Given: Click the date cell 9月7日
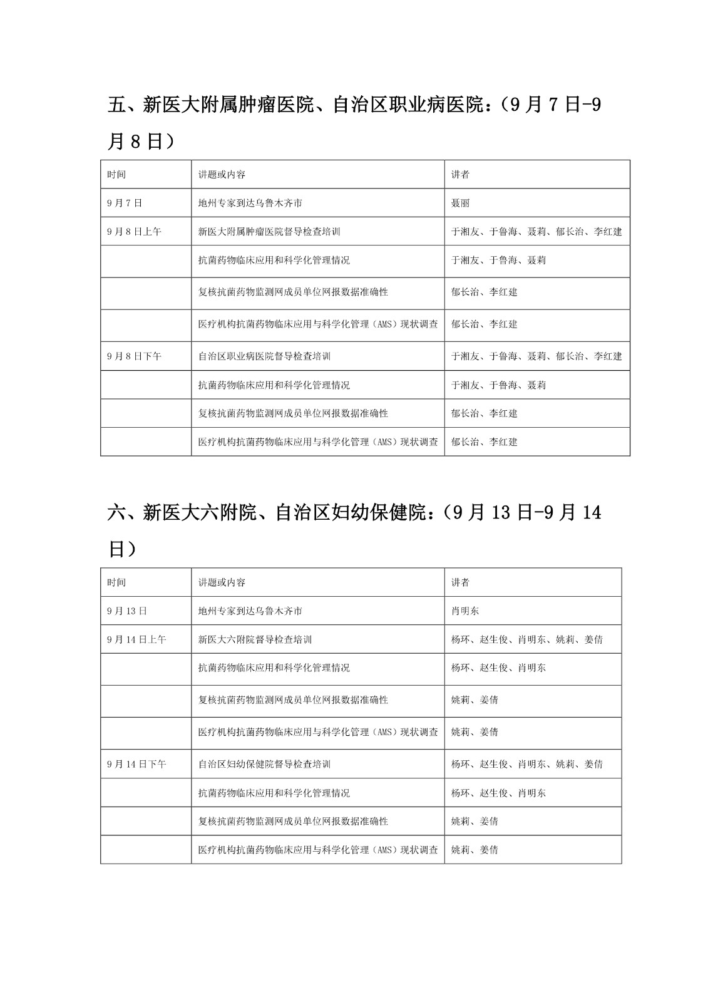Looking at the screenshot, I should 125,203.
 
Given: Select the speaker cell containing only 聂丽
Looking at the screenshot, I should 460,203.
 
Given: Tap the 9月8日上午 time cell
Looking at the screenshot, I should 134,232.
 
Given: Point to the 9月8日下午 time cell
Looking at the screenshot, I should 134,356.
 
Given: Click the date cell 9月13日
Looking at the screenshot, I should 127,611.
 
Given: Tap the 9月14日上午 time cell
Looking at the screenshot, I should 136,639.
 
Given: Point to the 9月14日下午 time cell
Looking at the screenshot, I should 136,764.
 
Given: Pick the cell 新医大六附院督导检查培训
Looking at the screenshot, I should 255,639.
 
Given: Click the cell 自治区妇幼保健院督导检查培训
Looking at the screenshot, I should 264,764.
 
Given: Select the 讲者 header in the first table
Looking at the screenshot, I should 460,175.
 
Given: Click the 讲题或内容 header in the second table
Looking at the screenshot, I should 222,582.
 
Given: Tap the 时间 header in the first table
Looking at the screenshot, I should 116,175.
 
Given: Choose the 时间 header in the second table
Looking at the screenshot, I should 116,582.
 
